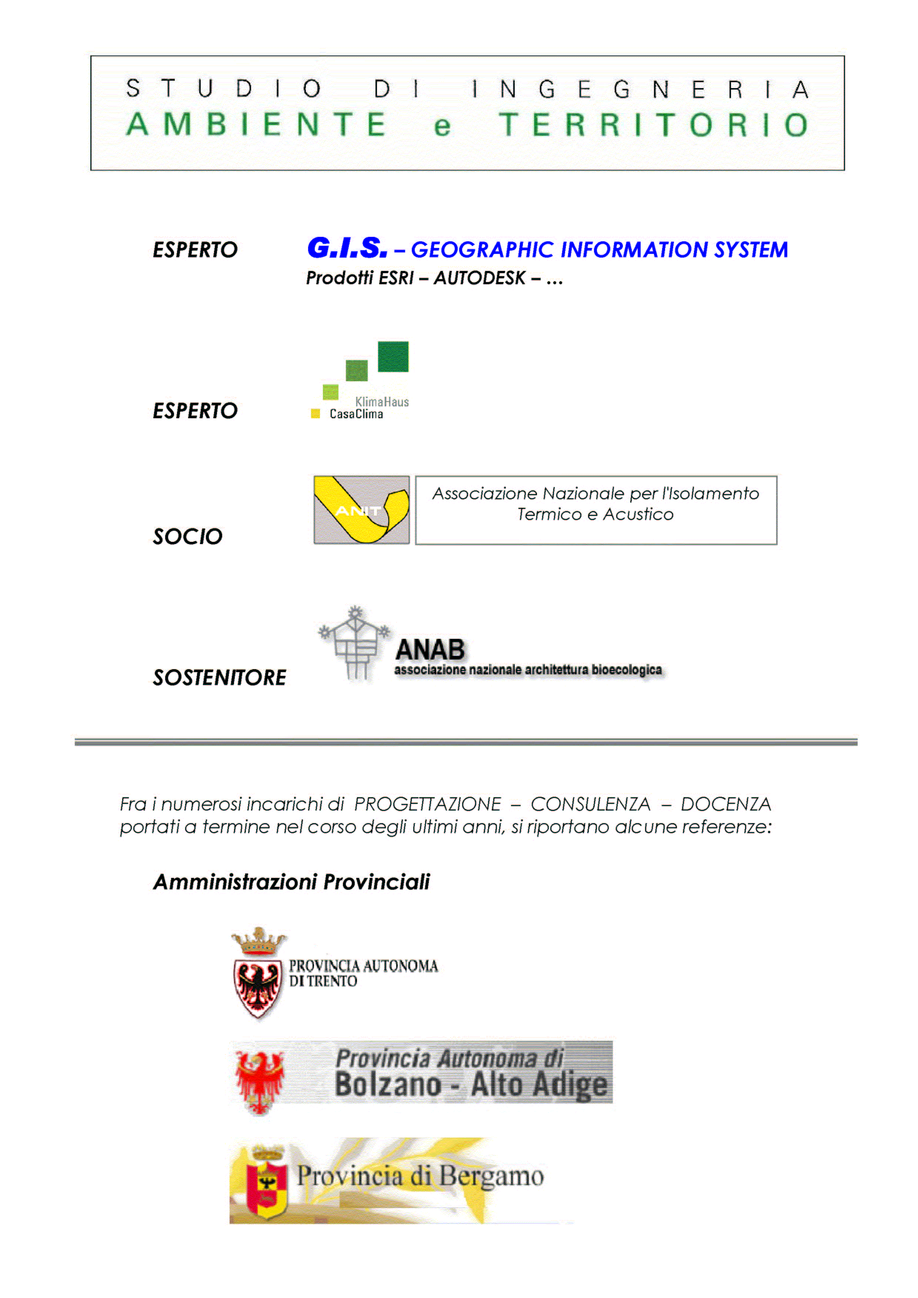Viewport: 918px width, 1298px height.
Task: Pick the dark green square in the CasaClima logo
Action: (x=393, y=357)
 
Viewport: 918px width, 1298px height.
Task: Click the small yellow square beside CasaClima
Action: (x=316, y=414)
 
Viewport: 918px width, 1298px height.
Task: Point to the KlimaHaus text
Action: (x=382, y=402)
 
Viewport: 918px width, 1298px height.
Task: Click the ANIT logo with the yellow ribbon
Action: (x=361, y=510)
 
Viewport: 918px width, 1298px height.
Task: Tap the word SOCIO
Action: (x=188, y=537)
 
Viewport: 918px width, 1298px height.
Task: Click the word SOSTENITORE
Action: (x=220, y=677)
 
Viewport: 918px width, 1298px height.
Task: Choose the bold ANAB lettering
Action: (x=430, y=650)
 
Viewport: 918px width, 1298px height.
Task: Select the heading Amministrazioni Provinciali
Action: (x=291, y=882)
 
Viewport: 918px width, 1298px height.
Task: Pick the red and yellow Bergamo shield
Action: (x=267, y=1181)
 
